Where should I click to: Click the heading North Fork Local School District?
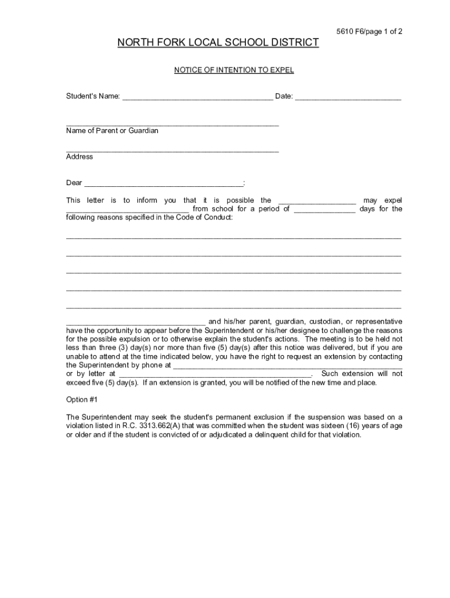coord(218,43)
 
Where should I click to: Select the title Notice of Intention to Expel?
coord(234,70)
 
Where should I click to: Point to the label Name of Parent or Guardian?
coord(112,131)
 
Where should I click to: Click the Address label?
coord(79,157)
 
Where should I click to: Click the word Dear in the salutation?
coord(74,183)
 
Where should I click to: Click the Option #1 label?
coord(82,400)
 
